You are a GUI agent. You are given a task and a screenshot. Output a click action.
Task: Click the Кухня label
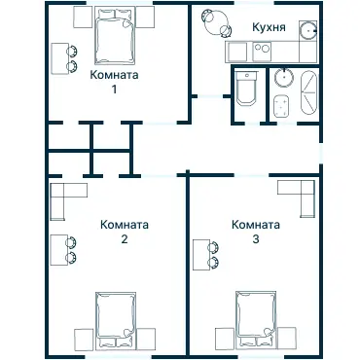click(268, 28)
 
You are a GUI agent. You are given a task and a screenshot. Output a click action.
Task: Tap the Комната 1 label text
click(114, 75)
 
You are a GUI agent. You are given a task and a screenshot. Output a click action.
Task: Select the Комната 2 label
click(125, 224)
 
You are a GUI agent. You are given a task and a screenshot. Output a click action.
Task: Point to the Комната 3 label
click(256, 224)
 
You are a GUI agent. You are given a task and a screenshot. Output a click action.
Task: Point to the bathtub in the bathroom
click(308, 93)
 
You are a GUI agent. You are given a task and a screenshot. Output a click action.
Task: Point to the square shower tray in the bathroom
click(282, 105)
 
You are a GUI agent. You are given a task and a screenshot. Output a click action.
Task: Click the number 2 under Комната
click(125, 238)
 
